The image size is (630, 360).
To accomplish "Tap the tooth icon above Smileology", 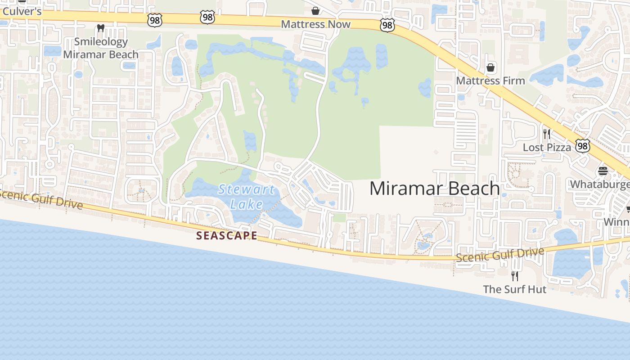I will pyautogui.click(x=101, y=28).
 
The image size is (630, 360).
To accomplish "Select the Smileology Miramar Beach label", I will pyautogui.click(x=101, y=48).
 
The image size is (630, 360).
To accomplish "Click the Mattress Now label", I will pyautogui.click(x=315, y=24).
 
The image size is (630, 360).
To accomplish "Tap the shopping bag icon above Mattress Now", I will pyautogui.click(x=315, y=10).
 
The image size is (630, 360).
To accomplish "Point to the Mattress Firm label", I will pyautogui.click(x=490, y=81).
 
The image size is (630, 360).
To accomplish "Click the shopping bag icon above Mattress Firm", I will pyautogui.click(x=490, y=67).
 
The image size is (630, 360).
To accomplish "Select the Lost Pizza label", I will pyautogui.click(x=547, y=147).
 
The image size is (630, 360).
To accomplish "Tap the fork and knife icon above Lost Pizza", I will pyautogui.click(x=547, y=134).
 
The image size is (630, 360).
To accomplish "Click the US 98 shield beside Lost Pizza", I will pyautogui.click(x=583, y=145).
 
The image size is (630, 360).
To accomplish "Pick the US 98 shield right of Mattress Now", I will pyautogui.click(x=387, y=25).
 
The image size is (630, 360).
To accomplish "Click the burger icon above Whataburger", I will pyautogui.click(x=603, y=171).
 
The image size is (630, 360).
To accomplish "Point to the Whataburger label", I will pyautogui.click(x=600, y=184).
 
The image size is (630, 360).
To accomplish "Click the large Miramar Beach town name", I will pyautogui.click(x=434, y=189).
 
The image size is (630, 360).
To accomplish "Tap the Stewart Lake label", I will pyautogui.click(x=246, y=197).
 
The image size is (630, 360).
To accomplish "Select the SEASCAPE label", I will pyautogui.click(x=227, y=235).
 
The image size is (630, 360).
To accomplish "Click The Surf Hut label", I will pyautogui.click(x=515, y=289).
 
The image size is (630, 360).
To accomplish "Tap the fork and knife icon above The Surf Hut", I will pyautogui.click(x=515, y=276).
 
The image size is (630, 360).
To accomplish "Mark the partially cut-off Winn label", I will pyautogui.click(x=616, y=222).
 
